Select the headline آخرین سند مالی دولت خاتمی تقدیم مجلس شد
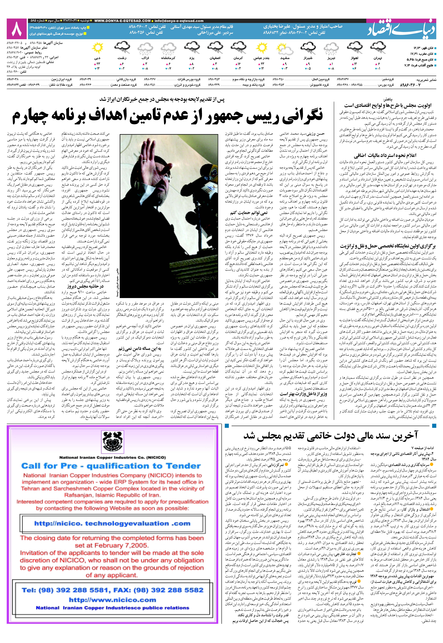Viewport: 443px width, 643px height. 330,436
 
